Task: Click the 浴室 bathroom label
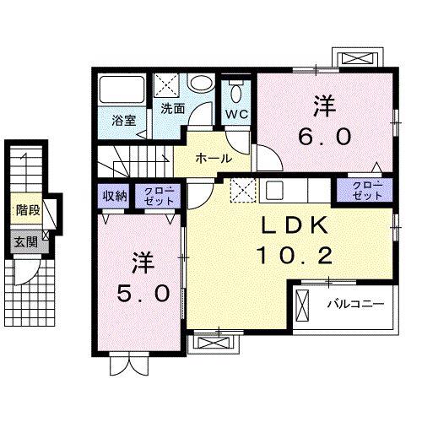pyautogui.click(x=124, y=120)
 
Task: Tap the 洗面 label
pyautogui.click(x=173, y=109)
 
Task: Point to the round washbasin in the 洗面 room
pyautogui.click(x=201, y=84)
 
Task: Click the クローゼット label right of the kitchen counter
pyautogui.click(x=365, y=190)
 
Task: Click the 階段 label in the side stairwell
pyautogui.click(x=27, y=210)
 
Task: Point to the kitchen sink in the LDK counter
pyautogui.click(x=275, y=190)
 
